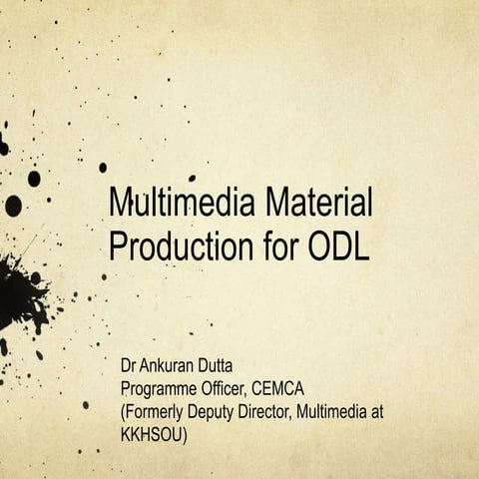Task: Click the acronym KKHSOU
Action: [154, 431]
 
